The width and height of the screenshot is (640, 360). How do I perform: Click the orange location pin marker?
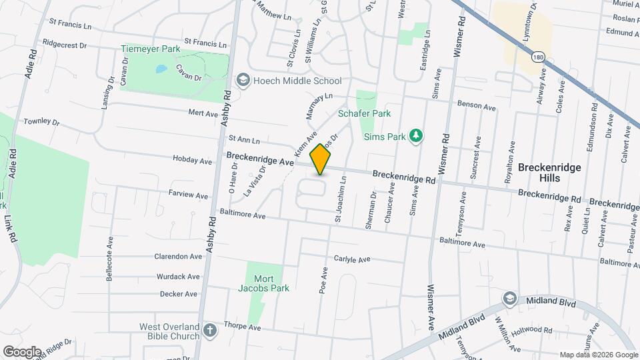point(321,159)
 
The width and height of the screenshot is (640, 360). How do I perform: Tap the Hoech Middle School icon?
point(243,81)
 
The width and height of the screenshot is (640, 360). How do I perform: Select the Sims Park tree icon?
point(416,136)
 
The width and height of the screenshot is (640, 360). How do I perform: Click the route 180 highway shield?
point(537,58)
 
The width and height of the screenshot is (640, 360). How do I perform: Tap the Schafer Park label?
point(364,114)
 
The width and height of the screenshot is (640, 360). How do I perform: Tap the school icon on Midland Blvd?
point(510,297)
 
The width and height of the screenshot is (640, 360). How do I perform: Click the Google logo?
point(22,351)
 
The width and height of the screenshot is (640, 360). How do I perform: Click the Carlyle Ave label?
point(351,259)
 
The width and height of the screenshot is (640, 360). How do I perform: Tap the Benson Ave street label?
point(477,107)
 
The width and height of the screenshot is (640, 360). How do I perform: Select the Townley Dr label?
point(41,123)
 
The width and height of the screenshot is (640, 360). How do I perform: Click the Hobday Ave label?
point(192,161)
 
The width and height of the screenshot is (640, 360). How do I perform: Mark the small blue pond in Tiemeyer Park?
point(161,69)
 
